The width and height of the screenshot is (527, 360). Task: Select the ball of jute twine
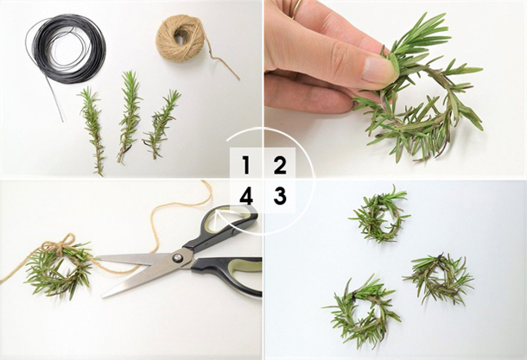[x=181, y=39]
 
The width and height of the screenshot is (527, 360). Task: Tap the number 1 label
[x=246, y=165]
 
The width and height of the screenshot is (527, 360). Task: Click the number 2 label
[x=280, y=165]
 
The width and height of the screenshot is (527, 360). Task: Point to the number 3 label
[x=280, y=196]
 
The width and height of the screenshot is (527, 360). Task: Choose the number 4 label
[x=246, y=197]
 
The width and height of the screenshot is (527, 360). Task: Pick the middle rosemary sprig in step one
[x=130, y=116]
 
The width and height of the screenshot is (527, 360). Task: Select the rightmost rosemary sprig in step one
[x=161, y=124]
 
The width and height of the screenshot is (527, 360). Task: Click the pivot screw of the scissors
[x=177, y=258]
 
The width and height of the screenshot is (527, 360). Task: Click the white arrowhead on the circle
[x=220, y=216]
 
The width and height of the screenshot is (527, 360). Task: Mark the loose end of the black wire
[x=62, y=120]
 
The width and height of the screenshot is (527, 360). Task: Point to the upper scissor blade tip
[x=97, y=257]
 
